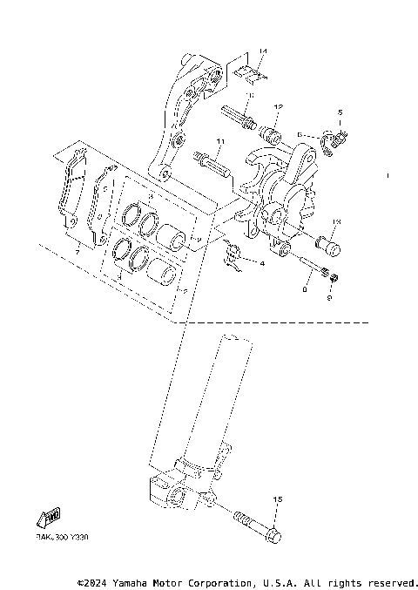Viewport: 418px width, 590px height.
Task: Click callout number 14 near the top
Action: click(262, 53)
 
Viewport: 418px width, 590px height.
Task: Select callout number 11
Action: click(221, 141)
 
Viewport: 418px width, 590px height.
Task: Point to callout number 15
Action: click(279, 499)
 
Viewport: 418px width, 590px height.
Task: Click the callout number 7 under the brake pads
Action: click(77, 252)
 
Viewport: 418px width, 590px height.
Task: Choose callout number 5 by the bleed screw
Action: click(340, 112)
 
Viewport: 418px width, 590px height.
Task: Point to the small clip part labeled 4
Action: click(233, 255)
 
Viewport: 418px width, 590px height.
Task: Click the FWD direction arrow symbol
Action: click(49, 519)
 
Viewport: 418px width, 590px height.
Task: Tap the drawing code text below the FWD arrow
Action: click(61, 539)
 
